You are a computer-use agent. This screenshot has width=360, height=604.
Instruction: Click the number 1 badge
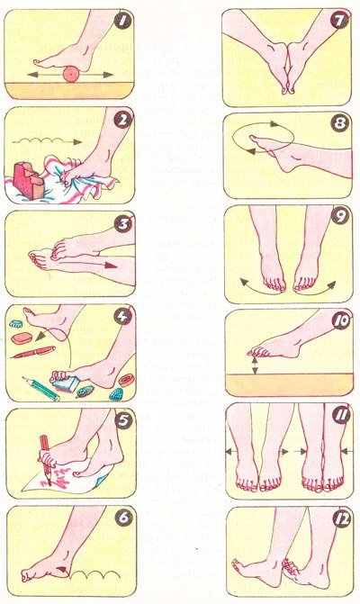123,22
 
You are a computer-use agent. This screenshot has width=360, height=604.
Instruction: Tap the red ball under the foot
71,75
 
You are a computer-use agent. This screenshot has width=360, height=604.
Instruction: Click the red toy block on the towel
29,180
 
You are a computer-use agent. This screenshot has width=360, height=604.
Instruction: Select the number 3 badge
122,224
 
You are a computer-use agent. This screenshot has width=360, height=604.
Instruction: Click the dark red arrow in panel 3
110,266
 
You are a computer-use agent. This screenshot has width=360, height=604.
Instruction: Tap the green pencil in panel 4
40,388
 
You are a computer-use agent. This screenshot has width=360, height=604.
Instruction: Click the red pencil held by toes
46,456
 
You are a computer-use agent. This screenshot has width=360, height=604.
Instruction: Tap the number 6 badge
123,518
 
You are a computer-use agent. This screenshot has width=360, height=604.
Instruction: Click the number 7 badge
339,21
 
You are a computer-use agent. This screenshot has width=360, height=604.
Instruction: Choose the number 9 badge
340,217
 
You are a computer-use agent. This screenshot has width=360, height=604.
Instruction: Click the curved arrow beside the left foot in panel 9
253,287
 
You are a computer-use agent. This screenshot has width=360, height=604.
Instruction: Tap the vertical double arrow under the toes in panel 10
254,365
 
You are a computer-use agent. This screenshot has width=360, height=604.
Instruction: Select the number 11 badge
341,416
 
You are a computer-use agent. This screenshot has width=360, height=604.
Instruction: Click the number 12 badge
341,519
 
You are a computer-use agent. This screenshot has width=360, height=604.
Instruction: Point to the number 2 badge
122,121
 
